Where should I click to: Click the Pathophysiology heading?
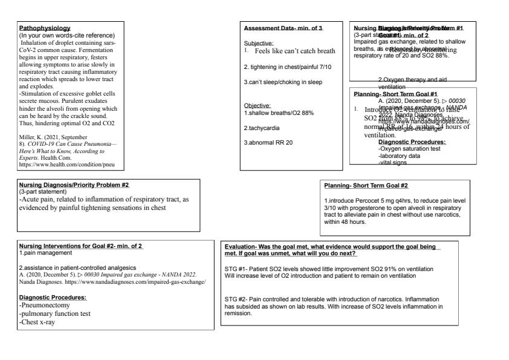[45, 28]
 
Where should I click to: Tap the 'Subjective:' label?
[258, 44]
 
